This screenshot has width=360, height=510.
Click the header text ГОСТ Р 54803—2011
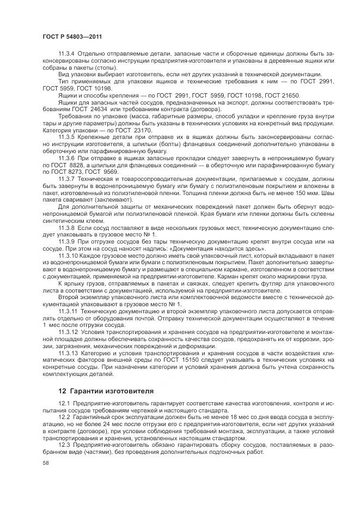pyautogui.click(x=72, y=36)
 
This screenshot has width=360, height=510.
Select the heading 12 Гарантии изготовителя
pyautogui.click(x=106, y=390)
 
